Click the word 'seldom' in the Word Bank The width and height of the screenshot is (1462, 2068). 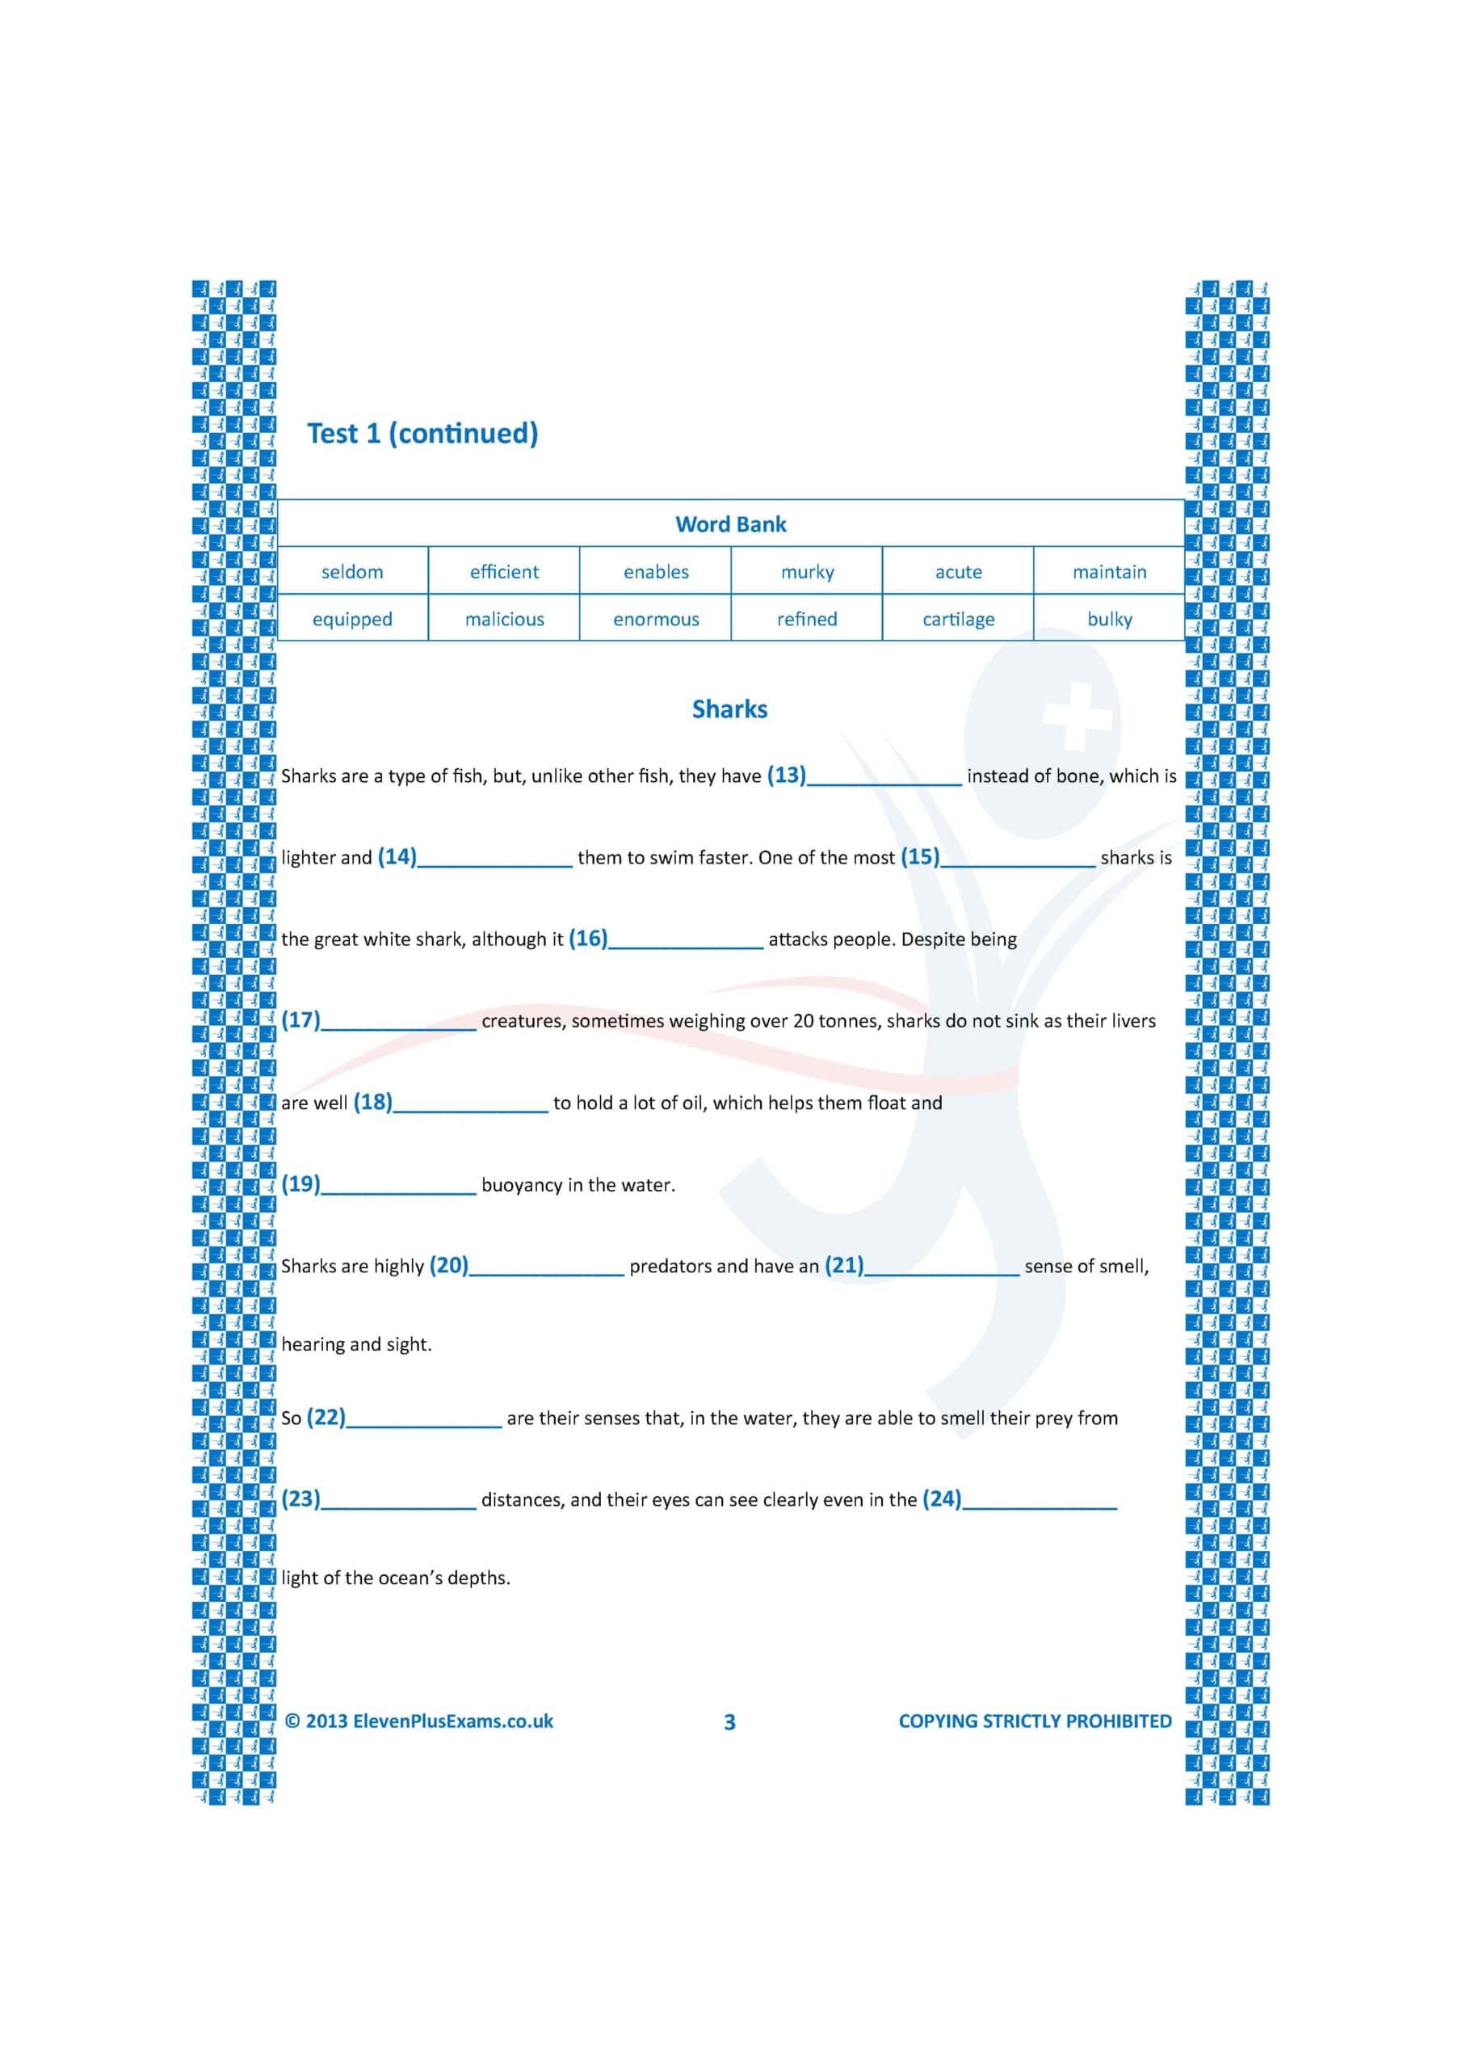click(x=352, y=572)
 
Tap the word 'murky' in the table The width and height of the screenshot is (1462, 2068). click(x=807, y=572)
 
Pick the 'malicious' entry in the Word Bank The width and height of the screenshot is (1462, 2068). click(x=505, y=620)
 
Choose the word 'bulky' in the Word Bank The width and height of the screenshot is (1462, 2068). click(x=1109, y=620)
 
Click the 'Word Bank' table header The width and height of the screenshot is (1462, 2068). click(x=730, y=524)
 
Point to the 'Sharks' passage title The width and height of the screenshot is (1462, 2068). click(x=729, y=710)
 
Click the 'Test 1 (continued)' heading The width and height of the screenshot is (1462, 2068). click(x=422, y=433)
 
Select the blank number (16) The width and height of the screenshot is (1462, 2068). click(x=588, y=939)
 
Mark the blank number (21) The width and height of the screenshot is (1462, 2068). click(x=844, y=1266)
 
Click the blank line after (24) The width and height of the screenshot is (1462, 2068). click(x=1040, y=1503)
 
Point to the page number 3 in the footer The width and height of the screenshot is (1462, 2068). click(x=729, y=1722)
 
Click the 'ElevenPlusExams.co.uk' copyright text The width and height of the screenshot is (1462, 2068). click(x=453, y=1721)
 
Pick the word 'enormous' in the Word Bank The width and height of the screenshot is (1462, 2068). click(x=656, y=620)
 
